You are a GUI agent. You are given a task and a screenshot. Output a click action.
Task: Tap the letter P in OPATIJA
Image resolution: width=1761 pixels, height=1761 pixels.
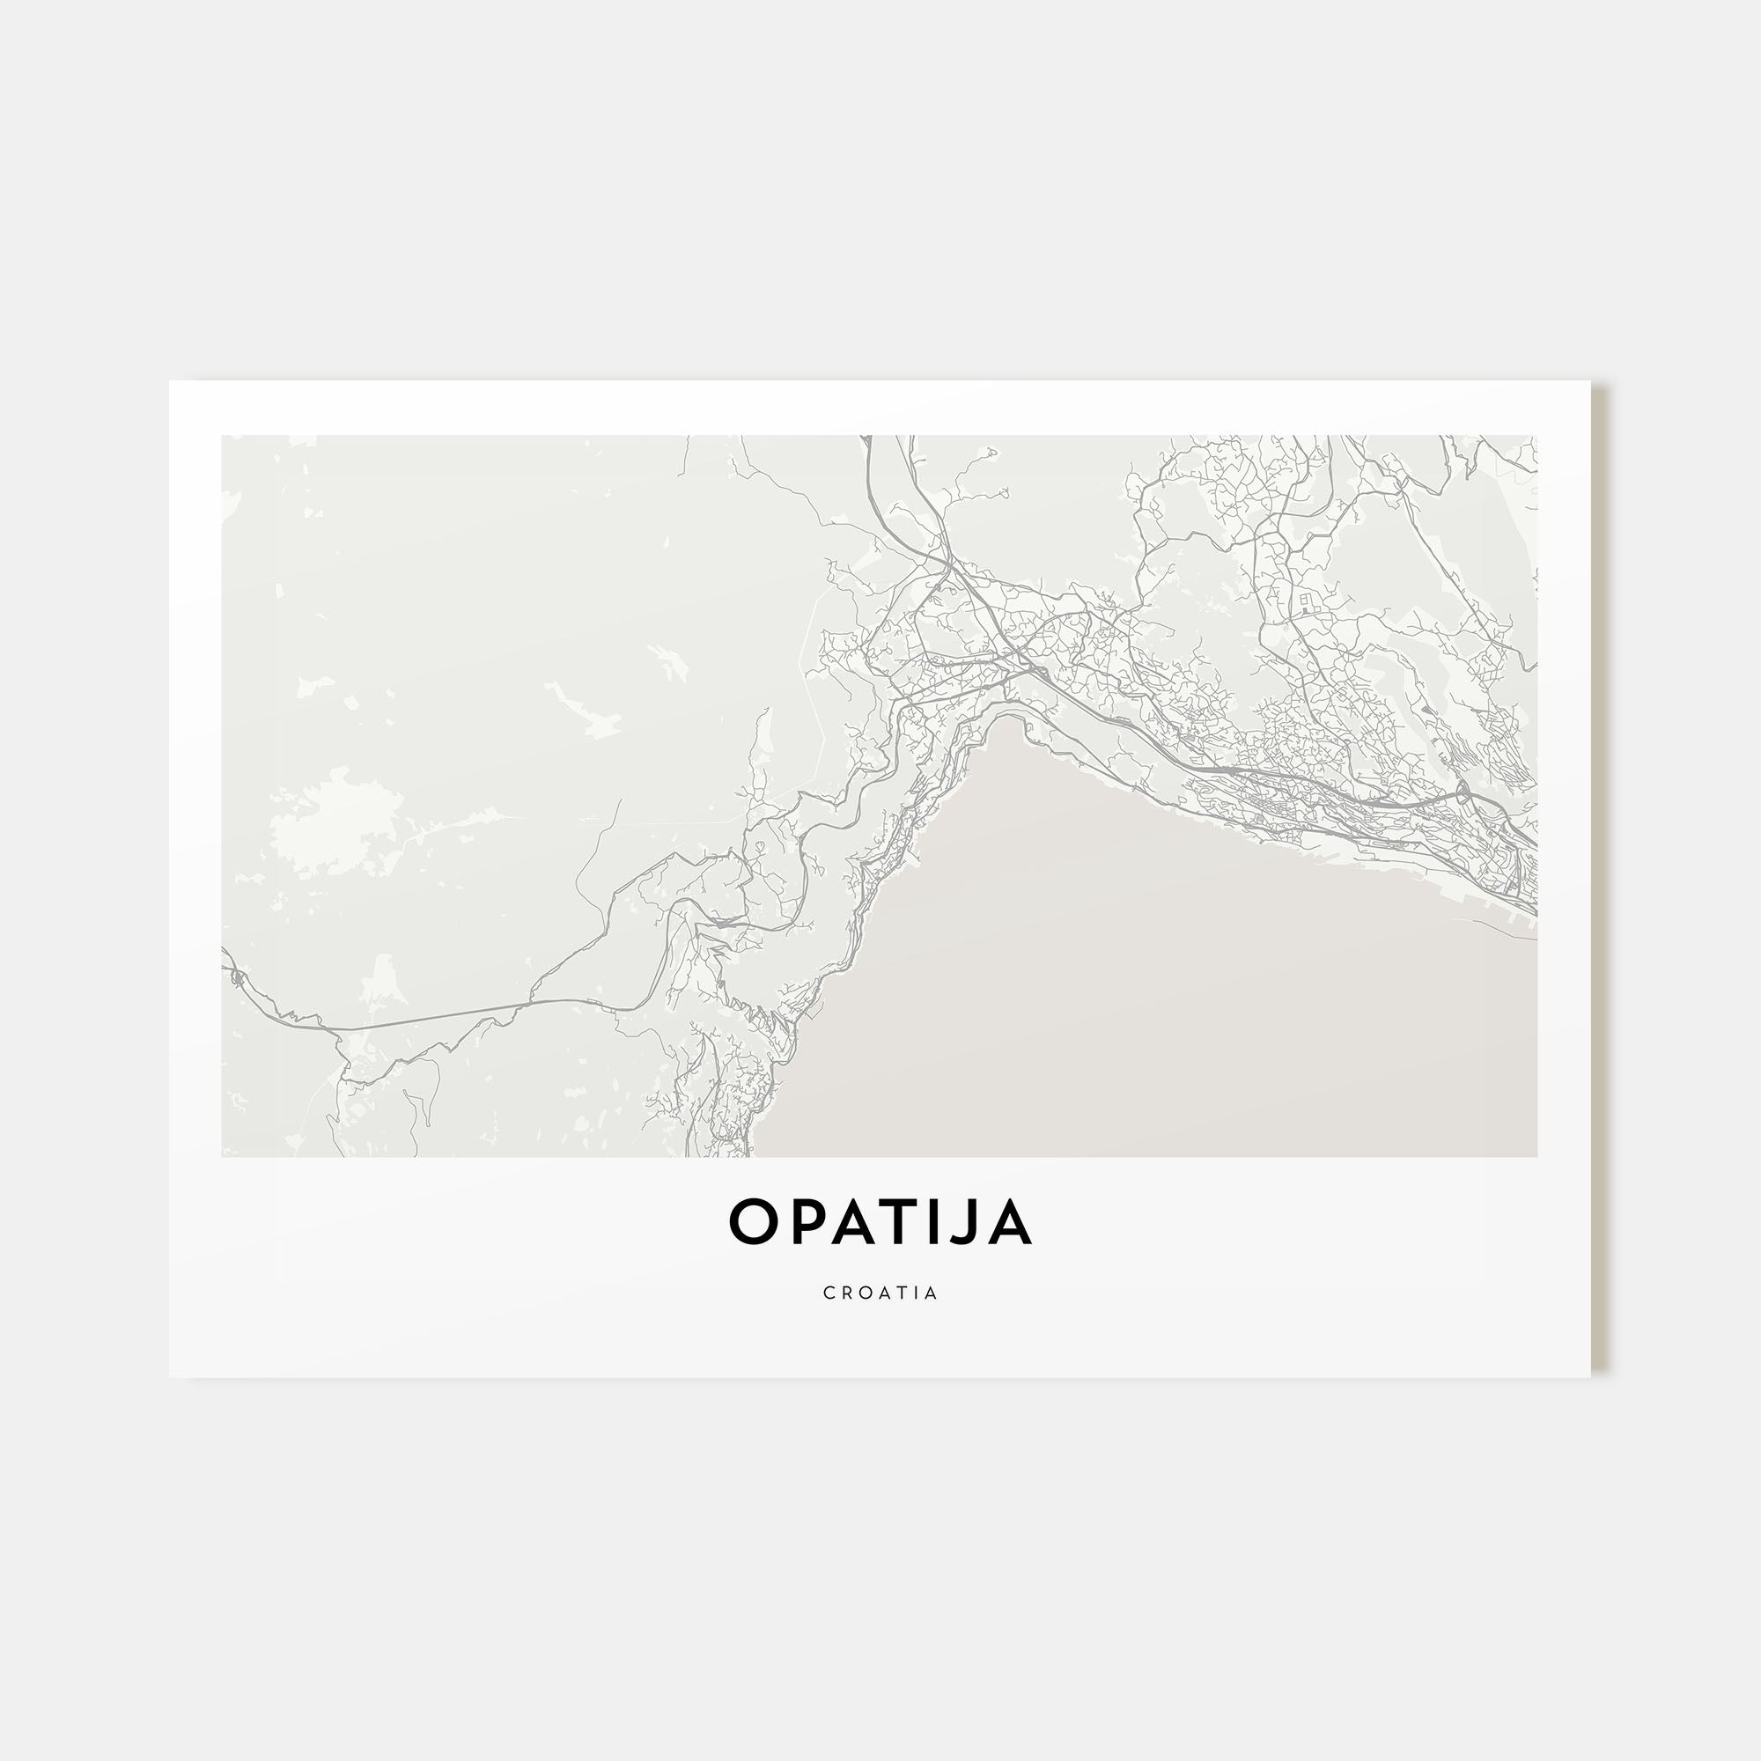[802, 1222]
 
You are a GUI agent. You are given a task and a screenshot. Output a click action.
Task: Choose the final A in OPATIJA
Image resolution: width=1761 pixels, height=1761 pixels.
[1008, 1222]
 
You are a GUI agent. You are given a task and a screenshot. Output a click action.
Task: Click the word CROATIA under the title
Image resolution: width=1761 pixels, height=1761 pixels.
[880, 1293]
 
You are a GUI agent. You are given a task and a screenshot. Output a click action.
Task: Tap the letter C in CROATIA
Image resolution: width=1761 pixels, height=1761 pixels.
[829, 1293]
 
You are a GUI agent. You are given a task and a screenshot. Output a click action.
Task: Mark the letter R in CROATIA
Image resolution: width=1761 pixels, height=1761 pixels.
[846, 1293]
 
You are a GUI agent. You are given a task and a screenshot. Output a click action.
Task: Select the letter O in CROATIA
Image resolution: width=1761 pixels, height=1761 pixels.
[864, 1293]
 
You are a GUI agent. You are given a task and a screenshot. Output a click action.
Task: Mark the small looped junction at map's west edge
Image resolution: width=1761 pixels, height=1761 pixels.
[238, 979]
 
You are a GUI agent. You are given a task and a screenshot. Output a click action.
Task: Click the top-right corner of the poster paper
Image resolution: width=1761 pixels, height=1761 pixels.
[1589, 382]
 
